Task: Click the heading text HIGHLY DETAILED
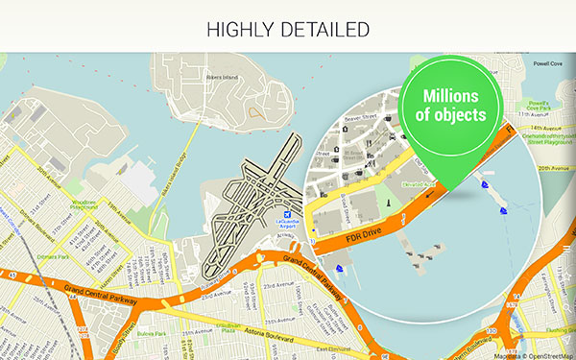(288, 29)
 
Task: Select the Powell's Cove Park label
(540, 108)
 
